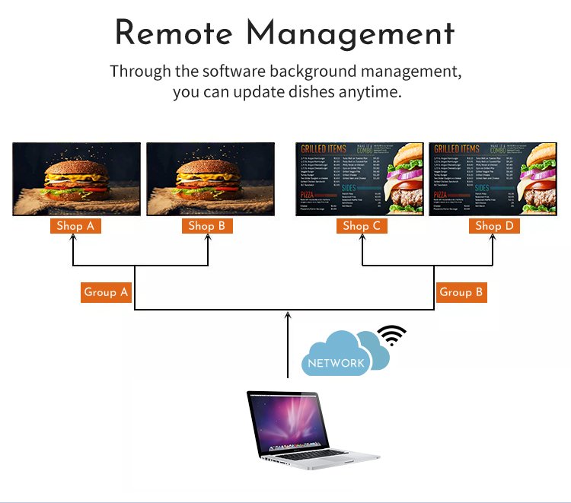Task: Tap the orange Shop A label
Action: (75, 225)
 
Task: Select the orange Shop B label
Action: (207, 225)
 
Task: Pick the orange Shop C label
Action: (362, 225)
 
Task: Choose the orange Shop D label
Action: (494, 225)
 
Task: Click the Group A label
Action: (107, 292)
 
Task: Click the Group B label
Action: (461, 292)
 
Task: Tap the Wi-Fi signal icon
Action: (392, 335)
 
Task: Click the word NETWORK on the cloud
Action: (337, 363)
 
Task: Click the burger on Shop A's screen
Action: (76, 177)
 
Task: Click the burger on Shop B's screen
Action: (209, 177)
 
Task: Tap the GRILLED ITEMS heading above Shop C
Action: (323, 149)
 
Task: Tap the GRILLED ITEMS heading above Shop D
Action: (457, 149)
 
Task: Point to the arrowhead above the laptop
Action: (288, 315)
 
